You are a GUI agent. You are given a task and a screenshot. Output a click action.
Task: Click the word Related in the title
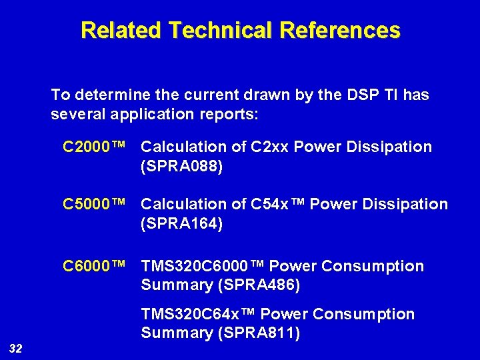click(x=121, y=30)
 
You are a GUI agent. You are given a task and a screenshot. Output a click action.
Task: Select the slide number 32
click(x=15, y=347)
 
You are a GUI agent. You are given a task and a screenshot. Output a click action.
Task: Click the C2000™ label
click(x=94, y=147)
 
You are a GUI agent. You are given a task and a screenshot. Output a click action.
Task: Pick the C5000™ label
click(x=94, y=204)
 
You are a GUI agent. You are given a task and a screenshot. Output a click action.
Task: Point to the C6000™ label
click(x=94, y=267)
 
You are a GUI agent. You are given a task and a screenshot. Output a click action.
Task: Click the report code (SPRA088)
click(x=181, y=166)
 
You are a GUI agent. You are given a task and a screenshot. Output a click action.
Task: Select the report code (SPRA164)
click(x=181, y=223)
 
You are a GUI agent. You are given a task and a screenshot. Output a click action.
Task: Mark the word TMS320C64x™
click(x=198, y=314)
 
